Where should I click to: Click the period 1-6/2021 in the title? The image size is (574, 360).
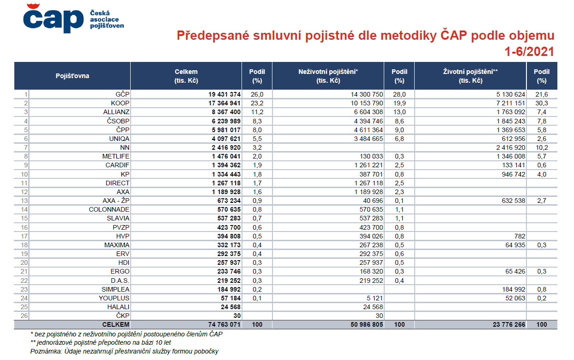coord(529,52)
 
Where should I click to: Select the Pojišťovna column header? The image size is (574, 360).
coord(72,76)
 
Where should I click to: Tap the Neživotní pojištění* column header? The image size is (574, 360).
coord(328,76)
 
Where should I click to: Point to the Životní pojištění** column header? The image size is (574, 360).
coord(471,76)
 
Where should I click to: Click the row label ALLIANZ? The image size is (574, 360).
coord(116,112)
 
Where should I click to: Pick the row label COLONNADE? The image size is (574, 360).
coord(109,209)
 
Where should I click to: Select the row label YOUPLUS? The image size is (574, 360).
coord(114,298)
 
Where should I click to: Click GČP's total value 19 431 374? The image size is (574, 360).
coord(224,94)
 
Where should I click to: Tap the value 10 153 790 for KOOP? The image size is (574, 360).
coord(367,103)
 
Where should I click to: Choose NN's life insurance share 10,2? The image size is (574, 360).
coord(542,147)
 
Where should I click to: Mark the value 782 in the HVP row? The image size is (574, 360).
coord(520,236)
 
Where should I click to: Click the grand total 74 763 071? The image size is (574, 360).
coord(224,324)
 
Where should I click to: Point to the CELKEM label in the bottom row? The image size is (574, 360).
coord(116,324)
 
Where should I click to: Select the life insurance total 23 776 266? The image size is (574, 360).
coord(509,324)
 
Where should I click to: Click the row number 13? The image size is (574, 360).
coord(24,201)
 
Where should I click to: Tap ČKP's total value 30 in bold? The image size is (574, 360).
coord(237,316)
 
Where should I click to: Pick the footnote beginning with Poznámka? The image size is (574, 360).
coord(124,351)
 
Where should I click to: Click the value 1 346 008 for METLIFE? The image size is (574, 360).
coord(511,156)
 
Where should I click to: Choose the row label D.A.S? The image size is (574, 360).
coord(120,281)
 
